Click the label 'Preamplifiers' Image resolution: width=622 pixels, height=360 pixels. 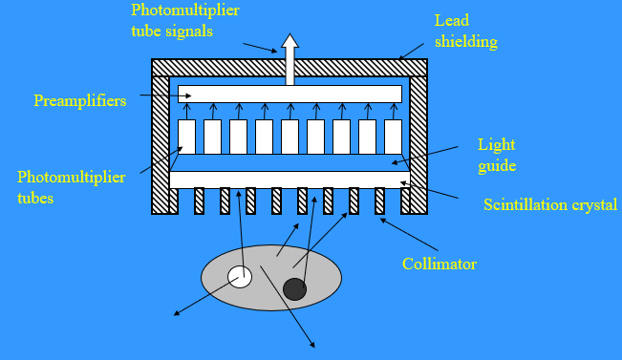point(79,100)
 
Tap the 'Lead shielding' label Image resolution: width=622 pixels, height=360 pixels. point(465,31)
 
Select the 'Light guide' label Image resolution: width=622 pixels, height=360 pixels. point(497,155)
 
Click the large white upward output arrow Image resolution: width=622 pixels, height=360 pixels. point(290,59)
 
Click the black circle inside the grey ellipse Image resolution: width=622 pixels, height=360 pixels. point(294,288)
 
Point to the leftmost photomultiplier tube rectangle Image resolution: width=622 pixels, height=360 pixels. point(187,137)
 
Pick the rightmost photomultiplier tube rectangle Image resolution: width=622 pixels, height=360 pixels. point(393,137)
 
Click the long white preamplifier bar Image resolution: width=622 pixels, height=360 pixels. point(290,94)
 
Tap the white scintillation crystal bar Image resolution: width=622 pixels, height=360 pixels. point(290,180)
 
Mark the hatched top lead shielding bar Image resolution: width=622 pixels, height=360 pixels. point(290,67)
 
